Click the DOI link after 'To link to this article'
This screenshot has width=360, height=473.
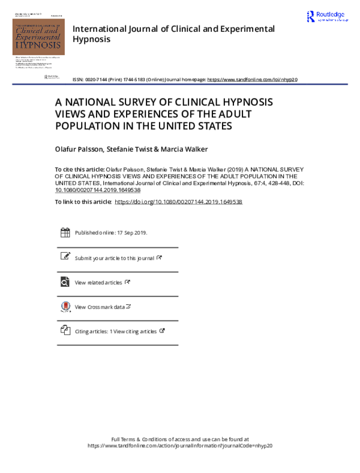click(178, 202)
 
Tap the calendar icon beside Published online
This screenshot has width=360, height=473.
click(65, 233)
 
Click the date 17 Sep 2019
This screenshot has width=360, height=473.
click(132, 233)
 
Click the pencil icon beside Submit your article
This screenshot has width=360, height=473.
click(65, 256)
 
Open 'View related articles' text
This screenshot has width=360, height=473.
click(98, 282)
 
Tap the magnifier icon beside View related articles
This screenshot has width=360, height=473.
click(65, 282)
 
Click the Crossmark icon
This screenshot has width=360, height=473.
click(65, 307)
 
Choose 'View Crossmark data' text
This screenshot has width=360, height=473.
click(100, 307)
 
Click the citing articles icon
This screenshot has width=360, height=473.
click(65, 330)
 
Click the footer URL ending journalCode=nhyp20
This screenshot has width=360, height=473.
click(180, 446)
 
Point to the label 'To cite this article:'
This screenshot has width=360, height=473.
click(79, 170)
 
